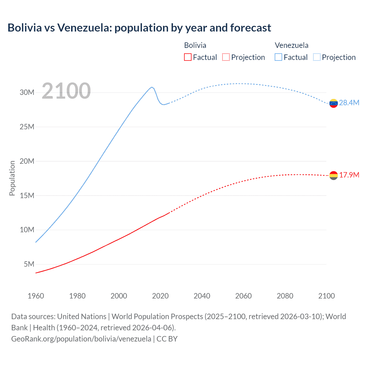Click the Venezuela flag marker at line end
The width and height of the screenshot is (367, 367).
coord(333,103)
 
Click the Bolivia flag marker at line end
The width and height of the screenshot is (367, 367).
coord(333,175)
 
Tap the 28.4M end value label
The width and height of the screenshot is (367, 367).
coord(349,103)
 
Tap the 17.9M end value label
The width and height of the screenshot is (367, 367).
coord(349,175)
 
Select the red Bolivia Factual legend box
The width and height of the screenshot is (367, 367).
coord(188,57)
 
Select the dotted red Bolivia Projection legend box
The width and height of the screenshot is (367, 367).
coord(226,57)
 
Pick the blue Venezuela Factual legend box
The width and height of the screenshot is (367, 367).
coord(278,57)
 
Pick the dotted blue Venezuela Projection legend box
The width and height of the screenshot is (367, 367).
coord(317,57)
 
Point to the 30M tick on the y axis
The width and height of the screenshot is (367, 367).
coord(27,92)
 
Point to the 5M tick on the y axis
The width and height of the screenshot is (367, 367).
coord(29,264)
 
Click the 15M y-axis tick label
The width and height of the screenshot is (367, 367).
coord(27,196)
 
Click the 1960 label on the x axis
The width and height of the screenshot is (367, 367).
coord(36,296)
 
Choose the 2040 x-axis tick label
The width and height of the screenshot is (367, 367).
coord(202,296)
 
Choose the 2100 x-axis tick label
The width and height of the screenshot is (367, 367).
coord(326,296)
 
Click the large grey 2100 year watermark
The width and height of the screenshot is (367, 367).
coord(66,91)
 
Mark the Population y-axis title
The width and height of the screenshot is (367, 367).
coord(12,178)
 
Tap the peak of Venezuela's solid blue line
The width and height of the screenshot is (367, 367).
coord(152,87)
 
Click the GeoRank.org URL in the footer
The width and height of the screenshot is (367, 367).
coord(81,339)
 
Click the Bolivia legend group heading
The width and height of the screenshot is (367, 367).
coord(195,45)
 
